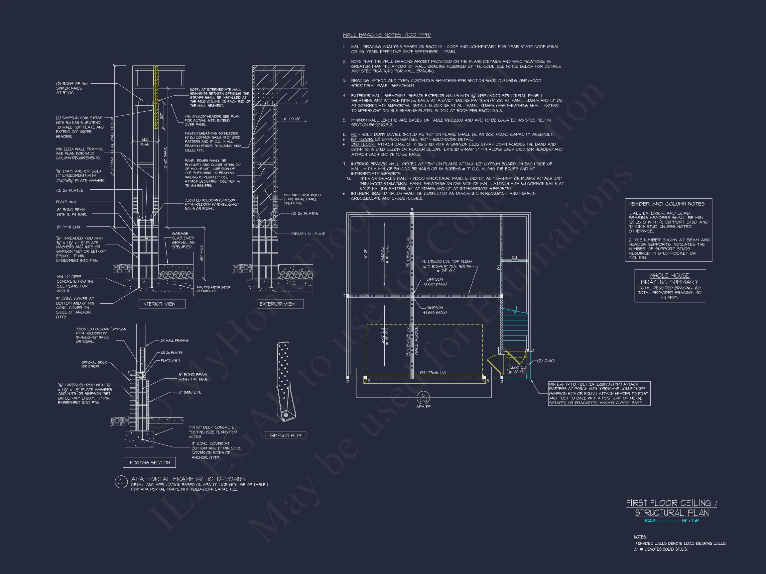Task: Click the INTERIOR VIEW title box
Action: click(159, 304)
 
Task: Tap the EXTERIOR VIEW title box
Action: click(277, 304)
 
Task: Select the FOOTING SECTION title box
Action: click(150, 463)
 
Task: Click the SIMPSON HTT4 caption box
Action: click(285, 435)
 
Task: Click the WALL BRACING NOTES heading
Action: click(386, 35)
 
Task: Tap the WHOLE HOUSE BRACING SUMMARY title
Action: click(669, 279)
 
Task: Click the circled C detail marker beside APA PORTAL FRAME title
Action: click(121, 482)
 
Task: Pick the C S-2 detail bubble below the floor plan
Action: click(423, 398)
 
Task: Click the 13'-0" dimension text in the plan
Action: click(366, 254)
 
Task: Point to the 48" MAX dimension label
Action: click(202, 253)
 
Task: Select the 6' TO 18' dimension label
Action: click(292, 119)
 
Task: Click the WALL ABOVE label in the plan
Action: click(417, 341)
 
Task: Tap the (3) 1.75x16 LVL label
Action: click(433, 373)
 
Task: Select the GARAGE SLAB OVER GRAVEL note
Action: click(183, 240)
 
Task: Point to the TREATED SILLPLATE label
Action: click(308, 234)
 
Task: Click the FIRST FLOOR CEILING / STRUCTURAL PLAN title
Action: click(672, 508)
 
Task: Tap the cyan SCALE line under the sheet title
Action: click(672, 521)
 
